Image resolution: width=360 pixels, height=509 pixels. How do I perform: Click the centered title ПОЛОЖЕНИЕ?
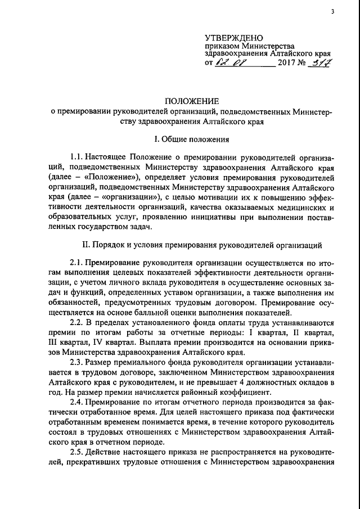click(x=191, y=101)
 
